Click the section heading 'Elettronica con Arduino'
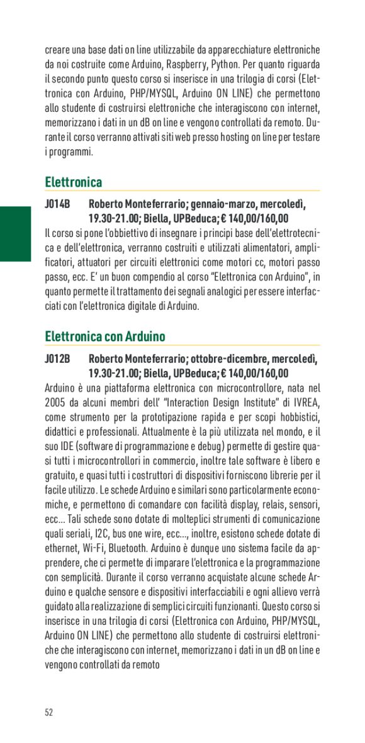click(105, 336)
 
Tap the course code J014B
click(57, 204)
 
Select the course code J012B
click(57, 358)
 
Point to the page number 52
click(49, 712)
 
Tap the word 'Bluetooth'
click(136, 548)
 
